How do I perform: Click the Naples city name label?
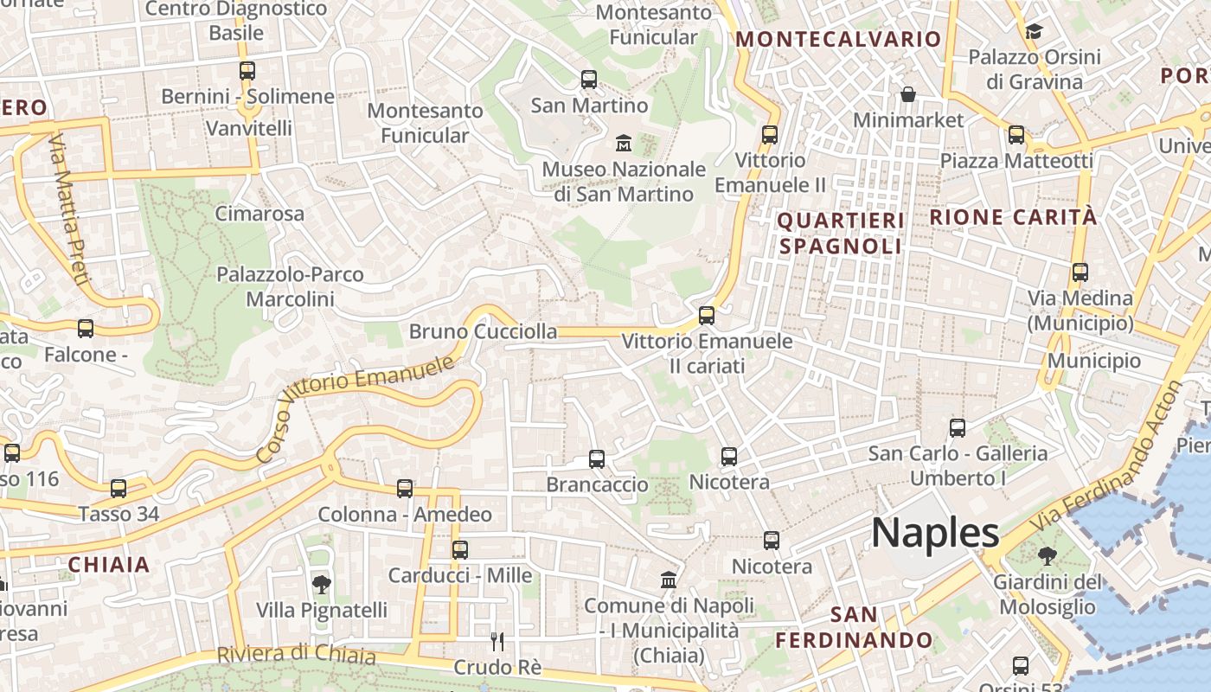pos(935,533)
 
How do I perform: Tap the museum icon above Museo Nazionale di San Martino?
pos(623,142)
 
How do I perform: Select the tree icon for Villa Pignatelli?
pos(321,585)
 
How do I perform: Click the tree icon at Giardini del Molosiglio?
pos(1048,555)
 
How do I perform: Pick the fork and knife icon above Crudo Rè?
pos(497,641)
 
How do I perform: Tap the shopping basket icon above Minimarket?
pos(908,93)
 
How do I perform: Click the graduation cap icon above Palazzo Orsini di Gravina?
pos(1034,32)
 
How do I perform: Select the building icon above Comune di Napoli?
pos(669,580)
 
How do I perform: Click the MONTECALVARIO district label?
pos(837,39)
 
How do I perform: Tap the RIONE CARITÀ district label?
pos(1013,217)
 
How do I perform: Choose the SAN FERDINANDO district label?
pos(854,628)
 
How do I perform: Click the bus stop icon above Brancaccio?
pos(597,459)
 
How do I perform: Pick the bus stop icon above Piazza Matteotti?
pos(1016,135)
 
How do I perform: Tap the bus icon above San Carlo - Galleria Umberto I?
pos(958,428)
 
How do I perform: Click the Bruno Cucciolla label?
pos(483,331)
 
